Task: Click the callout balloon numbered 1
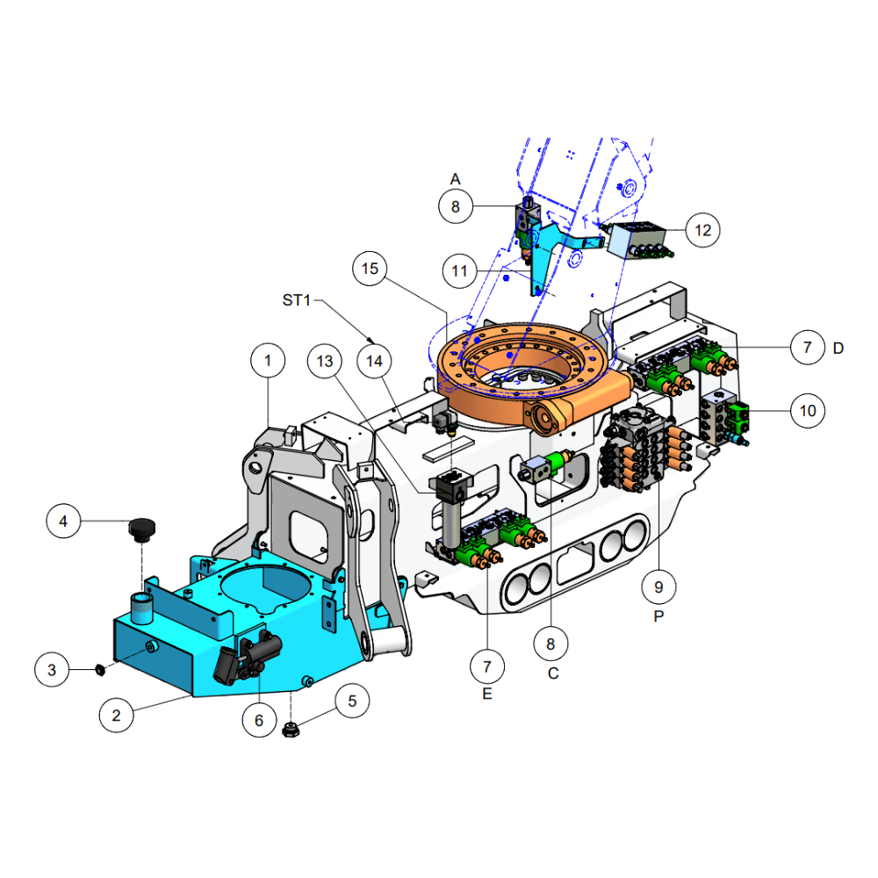pyautogui.click(x=268, y=361)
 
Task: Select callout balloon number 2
pyautogui.click(x=116, y=715)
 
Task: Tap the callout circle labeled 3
pyautogui.click(x=52, y=670)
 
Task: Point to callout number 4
pyautogui.click(x=63, y=522)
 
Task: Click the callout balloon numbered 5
pyautogui.click(x=352, y=701)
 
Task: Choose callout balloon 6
pyautogui.click(x=259, y=720)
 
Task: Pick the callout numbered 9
pyautogui.click(x=658, y=587)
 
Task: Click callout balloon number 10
pyautogui.click(x=808, y=411)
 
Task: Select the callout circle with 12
pyautogui.click(x=702, y=230)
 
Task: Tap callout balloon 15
pyautogui.click(x=370, y=269)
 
